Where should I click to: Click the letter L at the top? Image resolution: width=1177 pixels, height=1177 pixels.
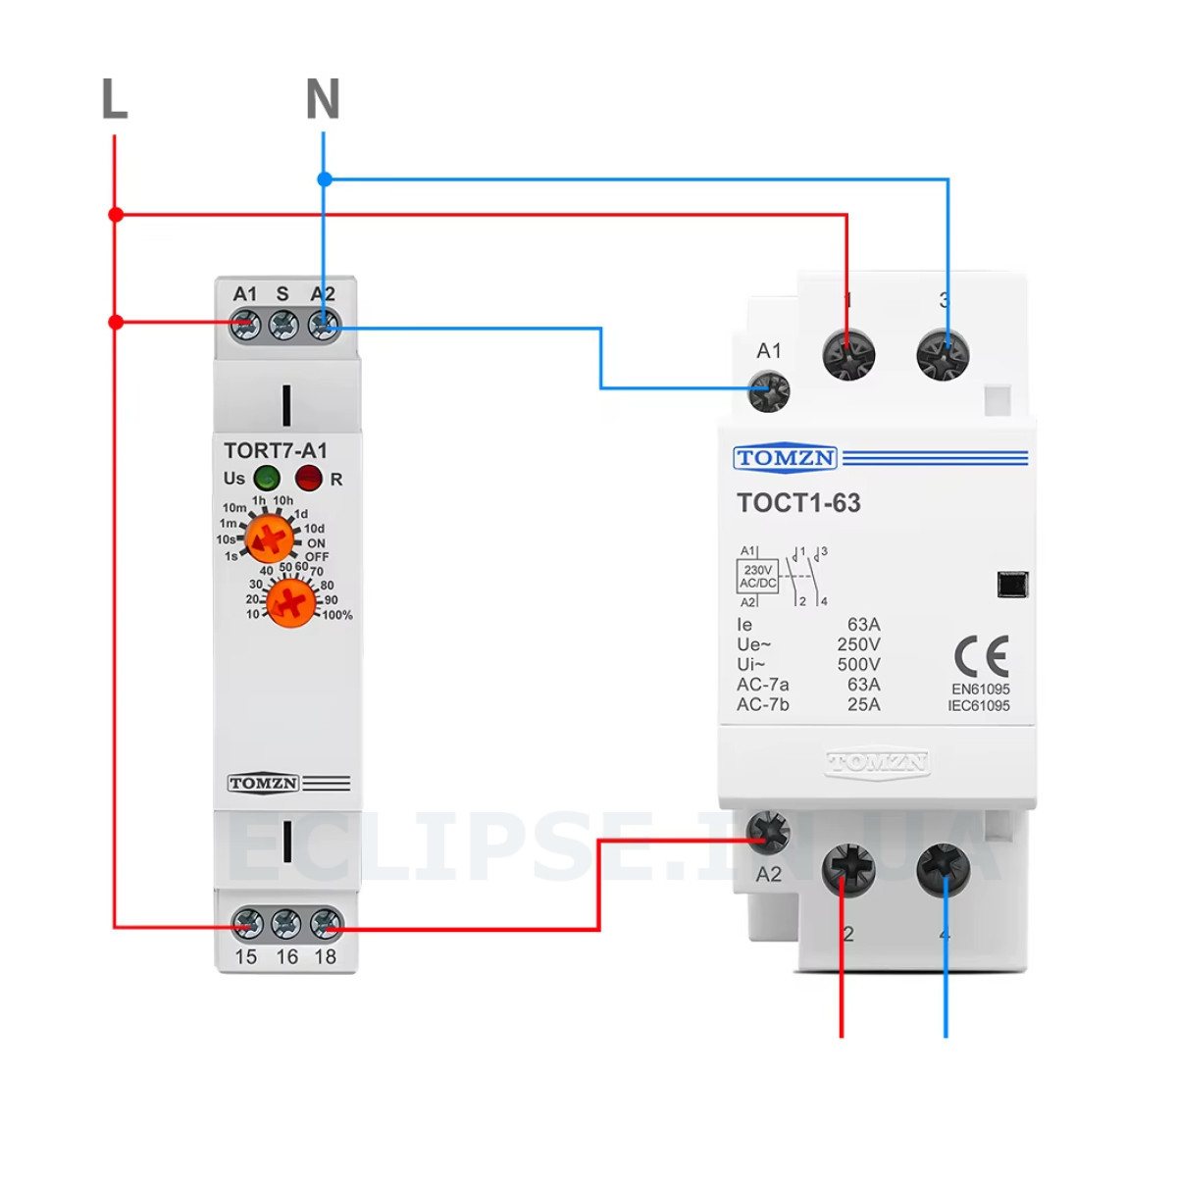pyautogui.click(x=115, y=99)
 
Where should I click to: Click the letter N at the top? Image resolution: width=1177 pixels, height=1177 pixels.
pyautogui.click(x=323, y=99)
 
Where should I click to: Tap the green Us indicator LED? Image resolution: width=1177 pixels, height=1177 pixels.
pyautogui.click(x=267, y=479)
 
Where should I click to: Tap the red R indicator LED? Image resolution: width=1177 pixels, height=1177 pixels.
pyautogui.click(x=308, y=479)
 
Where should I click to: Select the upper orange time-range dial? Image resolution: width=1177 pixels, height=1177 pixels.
pyautogui.click(x=269, y=538)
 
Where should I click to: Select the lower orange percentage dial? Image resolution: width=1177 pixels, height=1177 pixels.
pyautogui.click(x=290, y=602)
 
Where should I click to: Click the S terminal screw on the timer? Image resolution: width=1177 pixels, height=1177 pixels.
pyautogui.click(x=283, y=324)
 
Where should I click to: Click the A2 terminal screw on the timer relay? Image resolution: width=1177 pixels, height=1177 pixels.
pyautogui.click(x=324, y=324)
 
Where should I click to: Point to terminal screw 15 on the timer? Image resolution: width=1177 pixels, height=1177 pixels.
pyautogui.click(x=247, y=924)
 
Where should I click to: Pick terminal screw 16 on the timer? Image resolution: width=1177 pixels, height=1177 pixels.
pyautogui.click(x=286, y=924)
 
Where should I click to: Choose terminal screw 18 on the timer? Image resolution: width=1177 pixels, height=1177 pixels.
pyautogui.click(x=326, y=924)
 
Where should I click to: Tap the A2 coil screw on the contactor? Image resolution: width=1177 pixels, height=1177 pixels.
pyautogui.click(x=768, y=833)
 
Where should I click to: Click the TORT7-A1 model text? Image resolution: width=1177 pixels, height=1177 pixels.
pyautogui.click(x=275, y=451)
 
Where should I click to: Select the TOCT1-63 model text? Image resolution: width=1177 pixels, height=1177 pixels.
pyautogui.click(x=798, y=503)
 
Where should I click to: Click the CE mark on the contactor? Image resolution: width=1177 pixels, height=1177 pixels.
pyautogui.click(x=981, y=656)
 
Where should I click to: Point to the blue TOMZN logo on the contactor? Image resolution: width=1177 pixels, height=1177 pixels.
pyautogui.click(x=785, y=458)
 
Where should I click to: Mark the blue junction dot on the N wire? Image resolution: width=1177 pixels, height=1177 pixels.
pyautogui.click(x=325, y=179)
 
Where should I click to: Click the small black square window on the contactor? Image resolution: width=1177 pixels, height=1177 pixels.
pyautogui.click(x=1012, y=584)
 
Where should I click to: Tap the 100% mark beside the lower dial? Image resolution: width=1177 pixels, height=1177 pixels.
pyautogui.click(x=336, y=616)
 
